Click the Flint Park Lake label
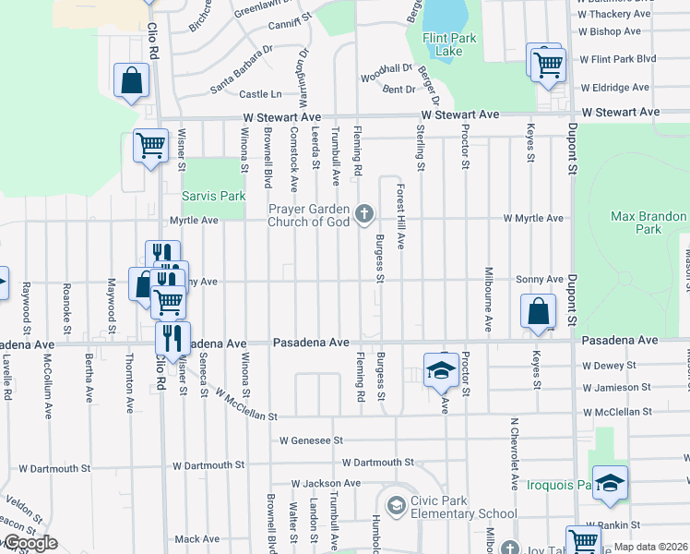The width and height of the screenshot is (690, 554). tap(442, 44)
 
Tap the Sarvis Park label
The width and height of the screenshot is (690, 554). tap(213, 197)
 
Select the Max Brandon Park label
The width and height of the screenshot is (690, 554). tap(648, 223)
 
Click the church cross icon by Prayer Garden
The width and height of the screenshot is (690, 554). tap(364, 215)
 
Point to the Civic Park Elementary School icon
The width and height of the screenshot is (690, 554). tap(396, 505)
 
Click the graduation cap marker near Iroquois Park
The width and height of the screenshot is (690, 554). tap(610, 484)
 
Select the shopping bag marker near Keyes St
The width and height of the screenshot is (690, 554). tap(538, 312)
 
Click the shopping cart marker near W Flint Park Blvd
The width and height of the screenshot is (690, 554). tap(548, 64)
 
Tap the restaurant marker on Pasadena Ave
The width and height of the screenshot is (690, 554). tap(172, 339)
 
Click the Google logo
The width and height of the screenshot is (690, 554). tap(30, 543)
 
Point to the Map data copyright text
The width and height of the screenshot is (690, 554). tap(650, 547)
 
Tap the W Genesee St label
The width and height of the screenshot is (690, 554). tap(312, 440)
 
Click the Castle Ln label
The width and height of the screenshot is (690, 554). tap(260, 94)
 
